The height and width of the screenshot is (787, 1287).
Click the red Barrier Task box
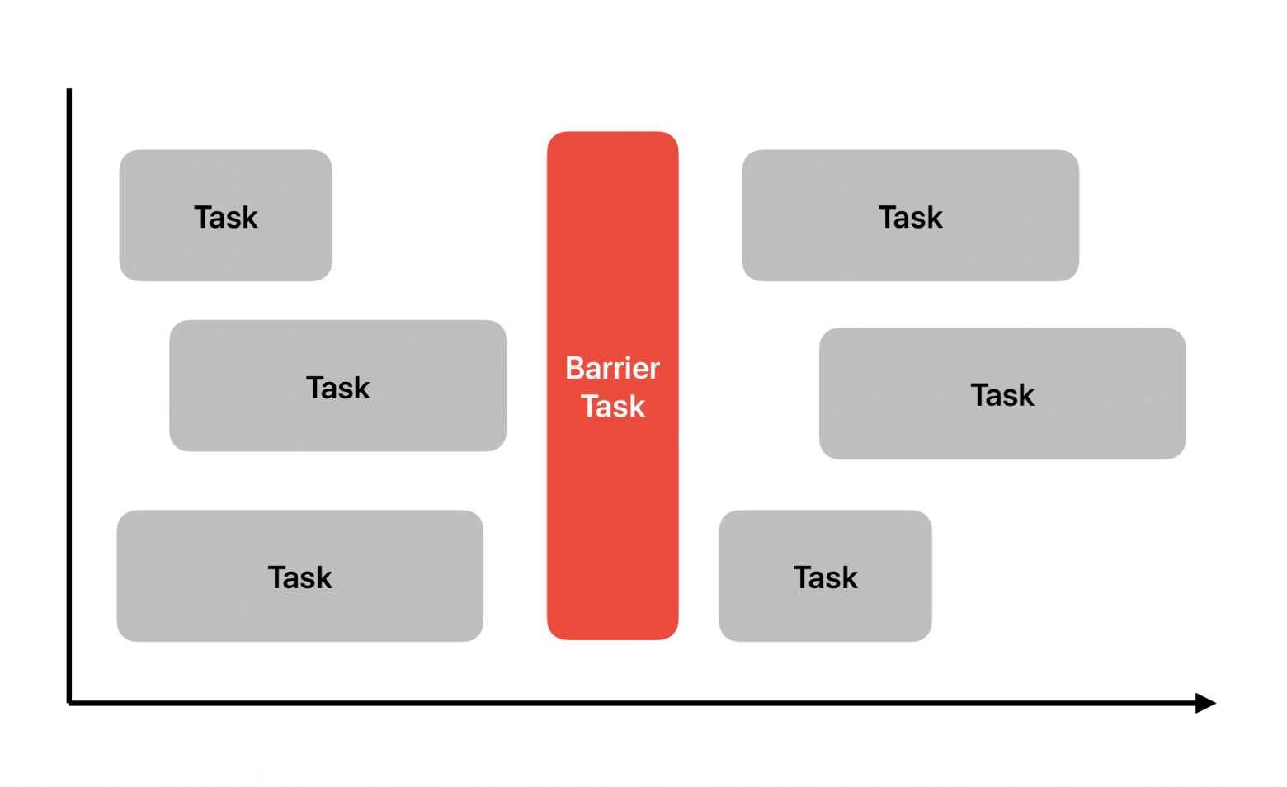point(612,385)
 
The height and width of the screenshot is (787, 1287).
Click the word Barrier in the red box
point(612,368)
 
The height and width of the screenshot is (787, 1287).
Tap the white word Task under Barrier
point(612,406)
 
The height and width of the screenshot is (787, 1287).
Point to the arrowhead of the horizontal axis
point(1205,703)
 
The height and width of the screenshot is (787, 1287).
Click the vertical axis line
point(69,396)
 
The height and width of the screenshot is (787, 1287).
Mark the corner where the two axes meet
point(69,703)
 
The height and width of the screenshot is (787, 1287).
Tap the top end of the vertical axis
point(69,89)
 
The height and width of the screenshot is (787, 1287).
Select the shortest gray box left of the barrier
point(226,215)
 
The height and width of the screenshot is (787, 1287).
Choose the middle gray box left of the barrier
point(338,385)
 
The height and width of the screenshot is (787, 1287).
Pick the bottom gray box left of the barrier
point(300,576)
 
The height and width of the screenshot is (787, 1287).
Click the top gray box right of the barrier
point(911,215)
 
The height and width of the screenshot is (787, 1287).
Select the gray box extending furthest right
point(1002,393)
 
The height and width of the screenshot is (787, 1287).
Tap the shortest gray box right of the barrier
point(826,576)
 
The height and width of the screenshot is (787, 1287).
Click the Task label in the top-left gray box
point(226,217)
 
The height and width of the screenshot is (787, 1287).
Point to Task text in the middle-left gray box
point(338,388)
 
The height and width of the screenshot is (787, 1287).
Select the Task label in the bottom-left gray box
point(300,577)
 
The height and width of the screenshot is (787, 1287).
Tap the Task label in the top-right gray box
point(911,217)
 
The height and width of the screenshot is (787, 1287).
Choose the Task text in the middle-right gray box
point(1002,395)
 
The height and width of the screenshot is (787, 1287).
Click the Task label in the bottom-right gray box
point(826,577)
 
